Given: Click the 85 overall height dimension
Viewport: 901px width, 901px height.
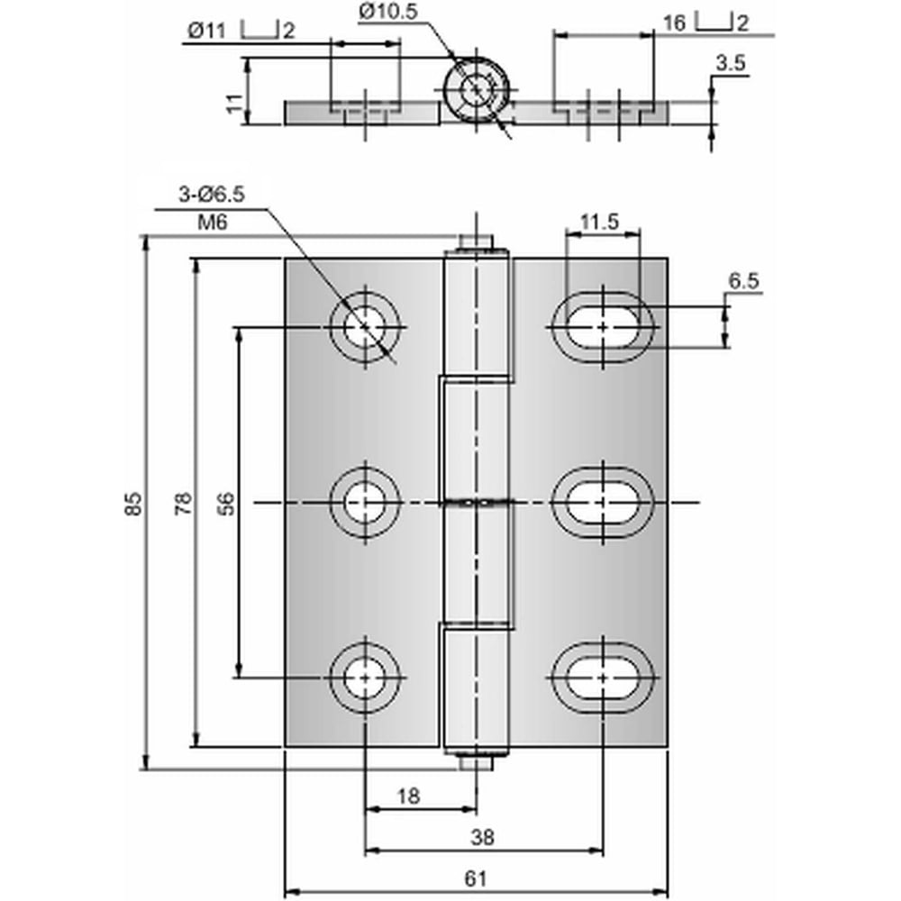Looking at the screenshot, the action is pyautogui.click(x=133, y=504).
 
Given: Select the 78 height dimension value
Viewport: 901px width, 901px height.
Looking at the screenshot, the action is pyautogui.click(x=183, y=504).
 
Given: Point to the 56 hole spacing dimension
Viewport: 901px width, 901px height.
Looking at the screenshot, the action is pyautogui.click(x=228, y=504).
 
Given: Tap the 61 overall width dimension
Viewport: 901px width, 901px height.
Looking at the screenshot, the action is pyautogui.click(x=475, y=878).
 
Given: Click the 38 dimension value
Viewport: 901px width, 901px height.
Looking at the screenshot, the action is pyautogui.click(x=482, y=837).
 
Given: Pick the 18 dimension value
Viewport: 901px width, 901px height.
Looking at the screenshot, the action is pyautogui.click(x=408, y=796).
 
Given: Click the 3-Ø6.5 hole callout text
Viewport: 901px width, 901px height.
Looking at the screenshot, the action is pyautogui.click(x=212, y=195).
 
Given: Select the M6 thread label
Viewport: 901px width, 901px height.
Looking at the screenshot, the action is pyautogui.click(x=213, y=222).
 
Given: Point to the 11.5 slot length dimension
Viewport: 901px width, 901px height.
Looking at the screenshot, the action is pyautogui.click(x=599, y=221).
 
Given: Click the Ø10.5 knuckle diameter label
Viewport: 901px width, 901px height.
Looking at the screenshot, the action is pyautogui.click(x=388, y=11).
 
